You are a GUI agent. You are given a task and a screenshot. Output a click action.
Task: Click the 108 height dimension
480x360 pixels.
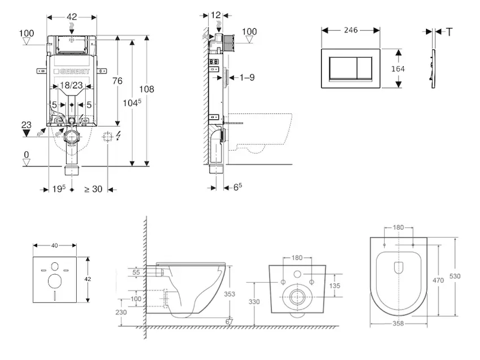pyautogui.click(x=146, y=89)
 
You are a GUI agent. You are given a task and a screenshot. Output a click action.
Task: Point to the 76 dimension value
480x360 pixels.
pyautogui.click(x=118, y=81)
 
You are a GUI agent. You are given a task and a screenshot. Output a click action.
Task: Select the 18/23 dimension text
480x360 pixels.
pyautogui.click(x=72, y=86)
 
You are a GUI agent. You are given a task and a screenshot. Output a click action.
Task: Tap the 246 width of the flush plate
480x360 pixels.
pyautogui.click(x=351, y=29)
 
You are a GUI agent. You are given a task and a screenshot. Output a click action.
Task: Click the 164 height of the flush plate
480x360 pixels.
pyautogui.click(x=398, y=68)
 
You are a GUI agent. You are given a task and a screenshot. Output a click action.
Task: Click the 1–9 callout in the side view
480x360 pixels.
pyautogui.click(x=248, y=77)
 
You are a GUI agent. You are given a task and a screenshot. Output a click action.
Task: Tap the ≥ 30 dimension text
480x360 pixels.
pyautogui.click(x=93, y=189)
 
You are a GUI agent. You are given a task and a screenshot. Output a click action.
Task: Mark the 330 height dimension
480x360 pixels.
pyautogui.click(x=254, y=302)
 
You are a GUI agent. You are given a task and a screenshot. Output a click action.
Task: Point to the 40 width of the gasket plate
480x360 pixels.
pyautogui.click(x=55, y=245)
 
